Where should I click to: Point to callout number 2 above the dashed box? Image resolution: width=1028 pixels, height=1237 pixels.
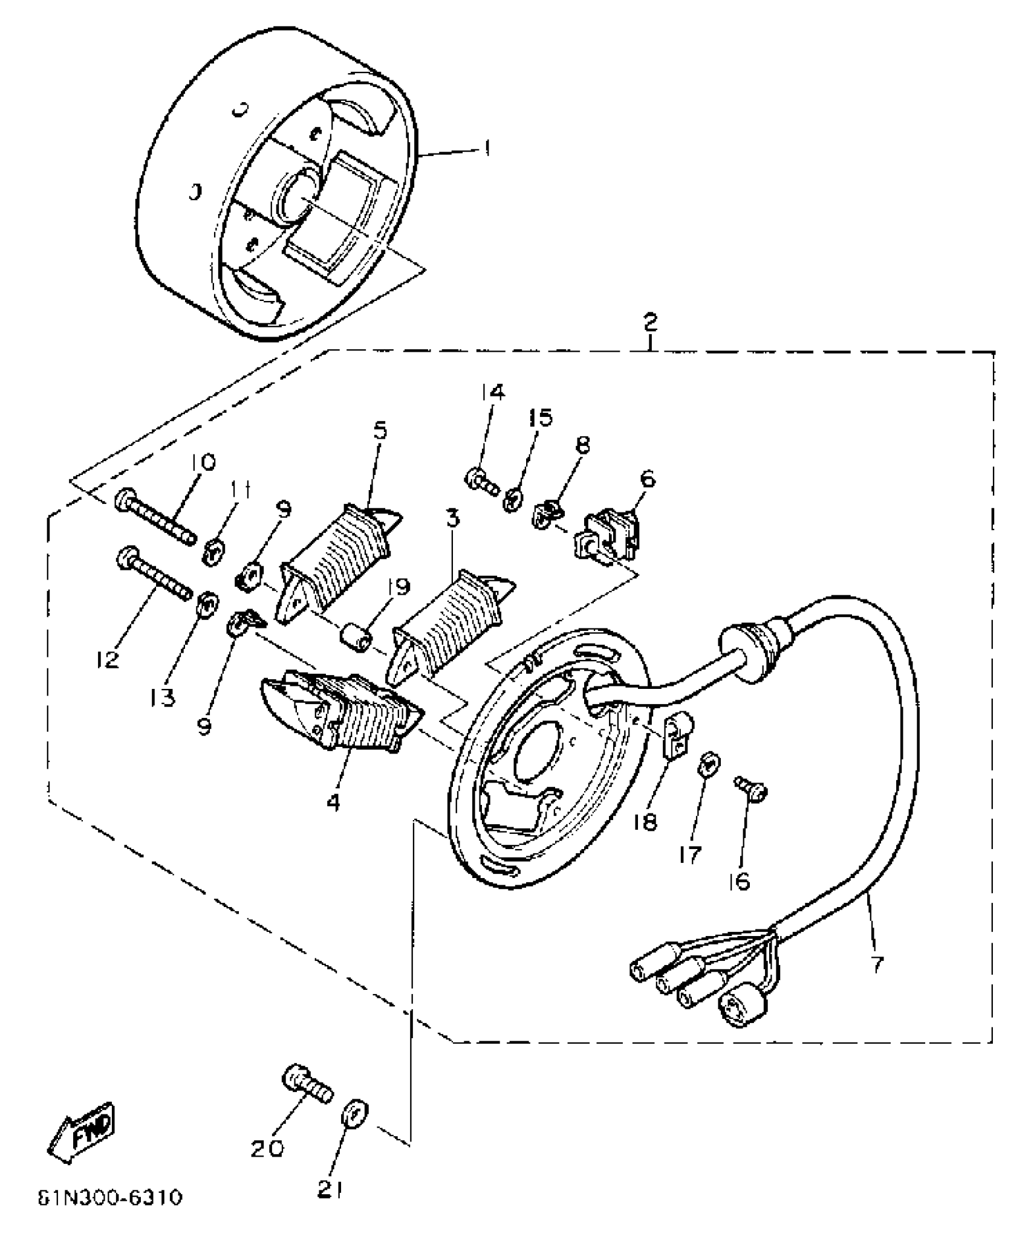(x=649, y=322)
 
